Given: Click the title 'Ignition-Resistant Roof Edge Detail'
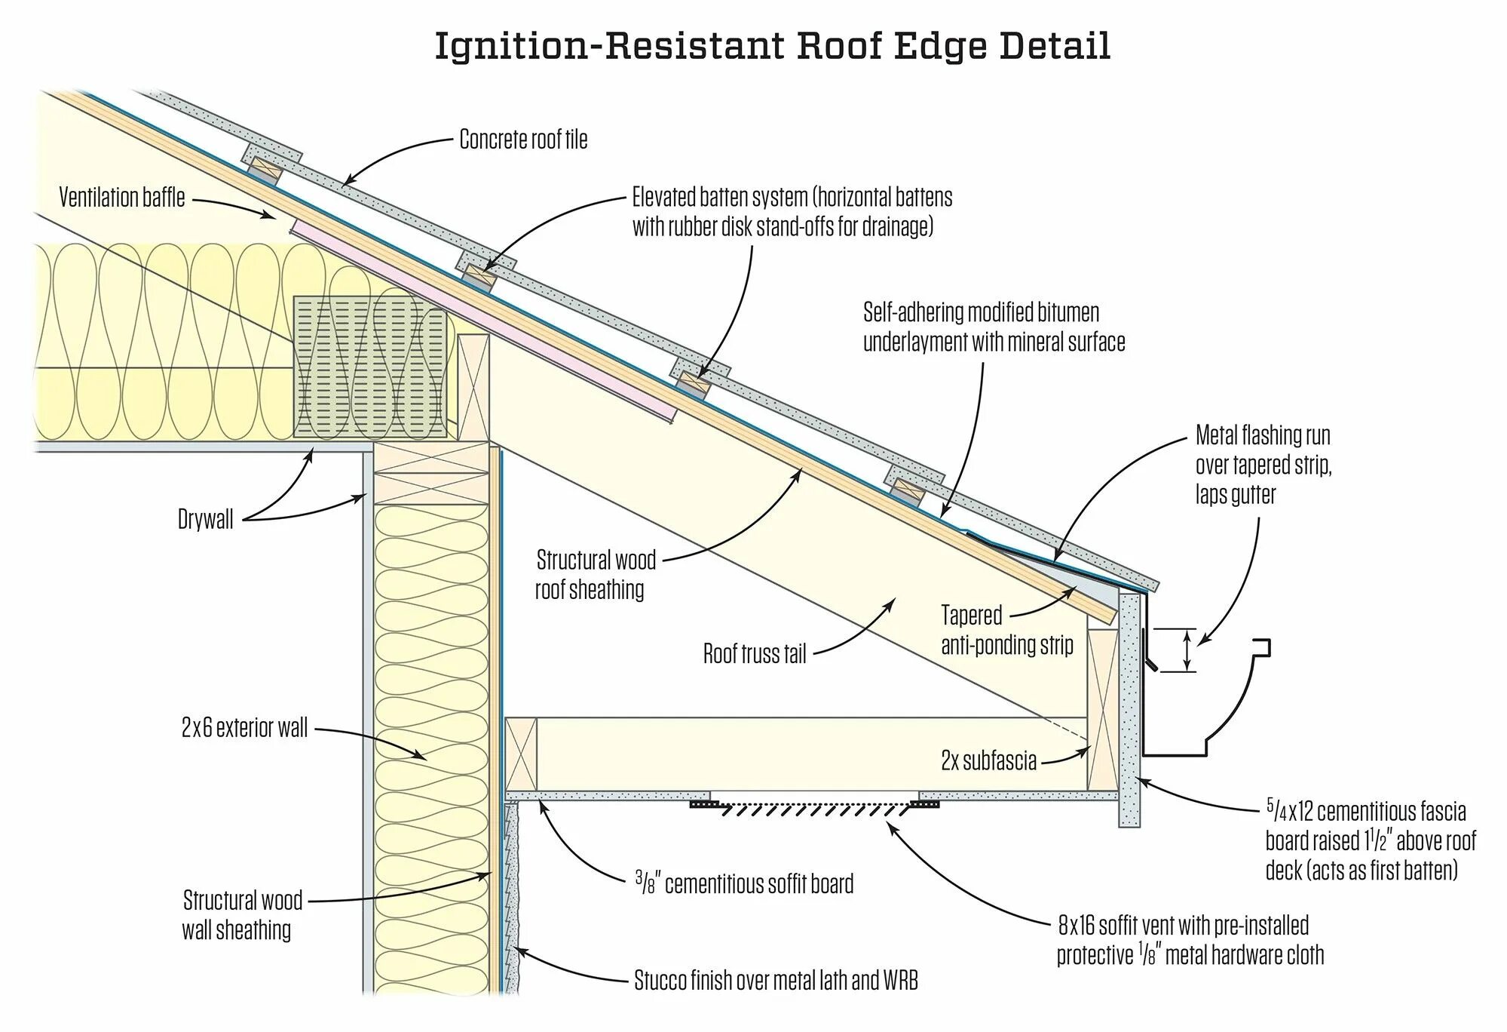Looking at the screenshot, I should tap(772, 47).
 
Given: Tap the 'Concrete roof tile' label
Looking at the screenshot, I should tap(523, 140).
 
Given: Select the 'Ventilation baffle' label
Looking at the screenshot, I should tap(122, 198).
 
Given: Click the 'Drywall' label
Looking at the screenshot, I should tap(205, 520).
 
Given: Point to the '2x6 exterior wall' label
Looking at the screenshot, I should tap(244, 728).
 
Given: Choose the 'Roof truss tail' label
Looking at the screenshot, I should tap(755, 653).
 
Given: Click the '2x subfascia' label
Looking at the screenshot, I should tap(988, 761).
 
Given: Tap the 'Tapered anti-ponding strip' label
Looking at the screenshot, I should tap(1006, 631).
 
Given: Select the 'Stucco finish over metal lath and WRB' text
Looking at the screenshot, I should tap(776, 981).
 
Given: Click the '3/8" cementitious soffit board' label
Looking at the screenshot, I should tap(743, 883).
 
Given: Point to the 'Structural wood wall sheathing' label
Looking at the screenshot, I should tap(241, 914).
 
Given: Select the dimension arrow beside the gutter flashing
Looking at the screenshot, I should tap(1187, 650).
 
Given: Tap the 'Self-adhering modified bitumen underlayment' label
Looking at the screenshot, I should tap(994, 327).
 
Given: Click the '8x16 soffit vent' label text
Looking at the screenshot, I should tap(1190, 940).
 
